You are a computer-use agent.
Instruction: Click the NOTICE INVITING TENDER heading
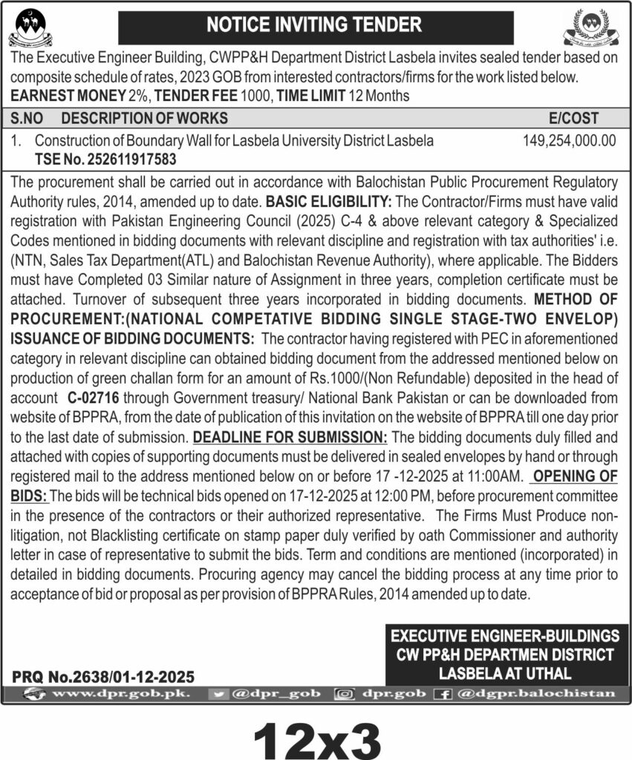314,24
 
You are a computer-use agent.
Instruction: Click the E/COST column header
573,118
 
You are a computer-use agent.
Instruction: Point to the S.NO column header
30,118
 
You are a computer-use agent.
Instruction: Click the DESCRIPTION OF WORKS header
145,118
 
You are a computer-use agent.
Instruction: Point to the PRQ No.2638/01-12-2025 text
103,676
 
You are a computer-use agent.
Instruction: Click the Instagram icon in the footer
344,693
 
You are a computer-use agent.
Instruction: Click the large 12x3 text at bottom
317,736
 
